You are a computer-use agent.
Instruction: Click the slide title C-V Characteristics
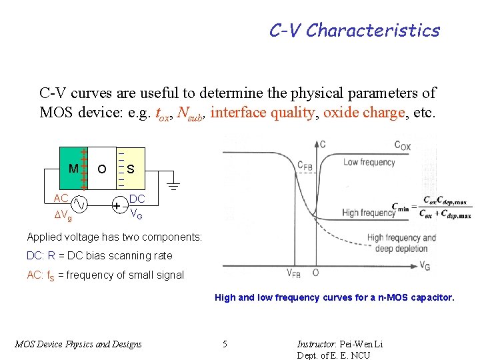(x=354, y=31)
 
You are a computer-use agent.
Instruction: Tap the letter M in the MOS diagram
(x=73, y=169)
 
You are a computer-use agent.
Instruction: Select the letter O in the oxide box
(x=101, y=169)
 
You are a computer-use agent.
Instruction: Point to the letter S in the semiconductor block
(x=131, y=169)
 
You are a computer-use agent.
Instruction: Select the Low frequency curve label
(x=369, y=163)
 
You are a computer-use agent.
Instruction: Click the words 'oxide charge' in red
(x=364, y=113)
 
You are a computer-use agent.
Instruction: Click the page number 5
(x=225, y=344)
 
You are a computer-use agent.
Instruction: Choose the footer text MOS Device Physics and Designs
(x=78, y=344)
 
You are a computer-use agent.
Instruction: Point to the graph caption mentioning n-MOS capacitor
(x=334, y=298)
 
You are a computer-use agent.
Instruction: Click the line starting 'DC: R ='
(x=99, y=255)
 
